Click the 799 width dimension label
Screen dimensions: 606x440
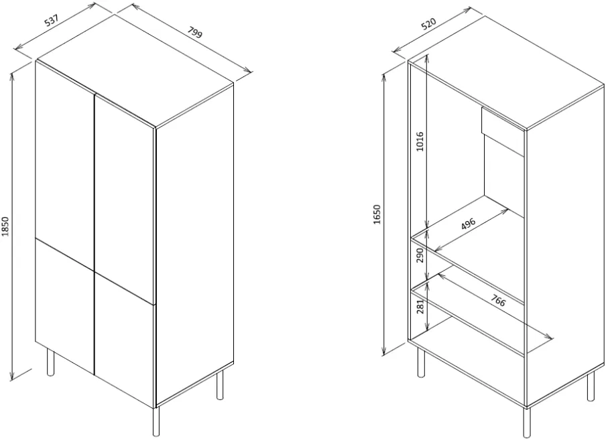pyautogui.click(x=195, y=32)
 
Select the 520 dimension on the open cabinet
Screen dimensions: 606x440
pyautogui.click(x=428, y=23)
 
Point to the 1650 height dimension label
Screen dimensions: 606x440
pyautogui.click(x=377, y=214)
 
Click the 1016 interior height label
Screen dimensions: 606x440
pyautogui.click(x=420, y=141)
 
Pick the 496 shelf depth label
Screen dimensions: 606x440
pyautogui.click(x=468, y=224)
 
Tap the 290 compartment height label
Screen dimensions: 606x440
pyautogui.click(x=420, y=255)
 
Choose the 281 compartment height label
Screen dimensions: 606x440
pyautogui.click(x=420, y=306)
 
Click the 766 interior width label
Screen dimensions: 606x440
pyautogui.click(x=498, y=300)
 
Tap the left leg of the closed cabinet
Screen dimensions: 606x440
pyautogui.click(x=50, y=362)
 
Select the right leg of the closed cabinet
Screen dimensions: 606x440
pyautogui.click(x=220, y=385)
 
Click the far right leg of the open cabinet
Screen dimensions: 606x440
pyautogui.click(x=591, y=386)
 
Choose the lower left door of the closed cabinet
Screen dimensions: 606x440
pyautogui.click(x=65, y=305)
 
